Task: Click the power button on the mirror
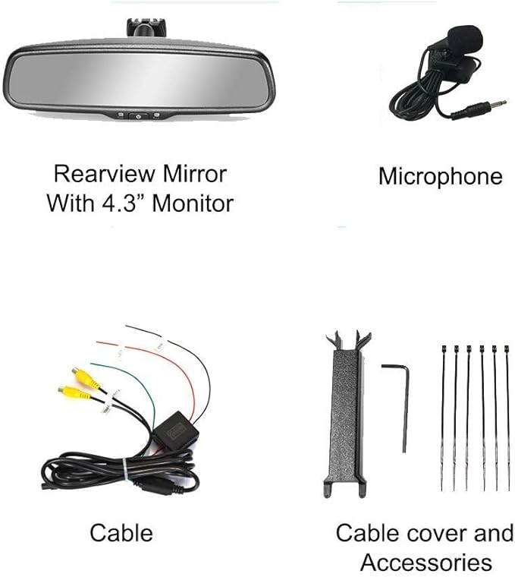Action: (x=138, y=116)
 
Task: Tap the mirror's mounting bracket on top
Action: (x=146, y=27)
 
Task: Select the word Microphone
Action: (x=441, y=176)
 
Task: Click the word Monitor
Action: (x=193, y=203)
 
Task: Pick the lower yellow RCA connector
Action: (x=74, y=393)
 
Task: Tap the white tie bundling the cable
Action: (x=125, y=469)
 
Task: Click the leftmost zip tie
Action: (x=443, y=418)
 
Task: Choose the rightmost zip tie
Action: (x=507, y=418)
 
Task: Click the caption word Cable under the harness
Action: (x=121, y=533)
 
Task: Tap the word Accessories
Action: (x=426, y=563)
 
